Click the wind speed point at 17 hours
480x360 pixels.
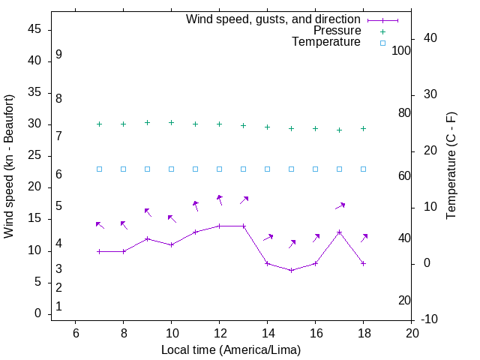click(339, 232)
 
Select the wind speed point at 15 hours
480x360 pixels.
click(291, 270)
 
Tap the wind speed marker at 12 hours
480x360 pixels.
click(219, 226)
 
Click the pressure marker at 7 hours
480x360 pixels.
click(99, 124)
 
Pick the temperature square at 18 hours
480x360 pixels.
click(363, 169)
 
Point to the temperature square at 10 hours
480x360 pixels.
click(171, 169)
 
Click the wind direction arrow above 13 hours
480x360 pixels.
click(244, 200)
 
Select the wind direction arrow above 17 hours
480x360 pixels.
click(340, 205)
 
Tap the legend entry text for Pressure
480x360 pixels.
click(337, 31)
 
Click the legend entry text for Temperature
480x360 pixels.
click(326, 42)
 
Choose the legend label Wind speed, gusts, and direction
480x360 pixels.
click(273, 19)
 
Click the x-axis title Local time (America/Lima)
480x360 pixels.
click(231, 349)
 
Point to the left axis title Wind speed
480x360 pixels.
click(9, 166)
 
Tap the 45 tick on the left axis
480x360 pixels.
click(34, 29)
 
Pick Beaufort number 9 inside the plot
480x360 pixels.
click(58, 55)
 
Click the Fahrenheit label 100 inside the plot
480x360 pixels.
click(401, 50)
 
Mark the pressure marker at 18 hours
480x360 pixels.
click(363, 129)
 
